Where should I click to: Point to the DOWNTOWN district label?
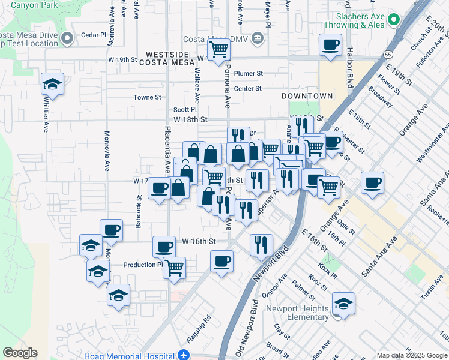[307, 96]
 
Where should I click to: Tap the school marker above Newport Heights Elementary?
[343, 303]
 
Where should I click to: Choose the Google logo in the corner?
[20, 353]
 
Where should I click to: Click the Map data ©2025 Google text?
[411, 355]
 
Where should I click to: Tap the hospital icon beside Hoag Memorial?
[184, 355]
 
